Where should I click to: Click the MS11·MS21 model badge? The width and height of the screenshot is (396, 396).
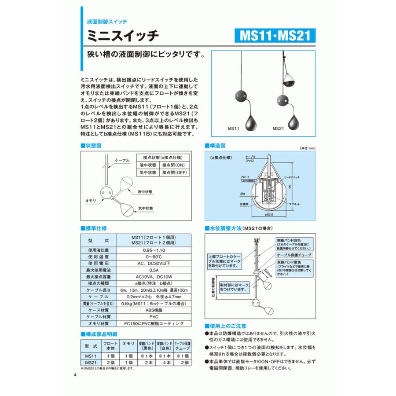tap(275, 35)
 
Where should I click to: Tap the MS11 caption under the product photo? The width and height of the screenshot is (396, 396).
tap(233, 129)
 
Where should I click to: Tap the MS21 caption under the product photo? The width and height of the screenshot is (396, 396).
tap(278, 129)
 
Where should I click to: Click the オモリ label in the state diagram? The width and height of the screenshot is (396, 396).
tap(90, 200)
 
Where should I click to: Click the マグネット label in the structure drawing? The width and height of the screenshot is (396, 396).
tap(290, 204)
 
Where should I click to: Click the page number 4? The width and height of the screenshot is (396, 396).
tap(75, 375)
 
